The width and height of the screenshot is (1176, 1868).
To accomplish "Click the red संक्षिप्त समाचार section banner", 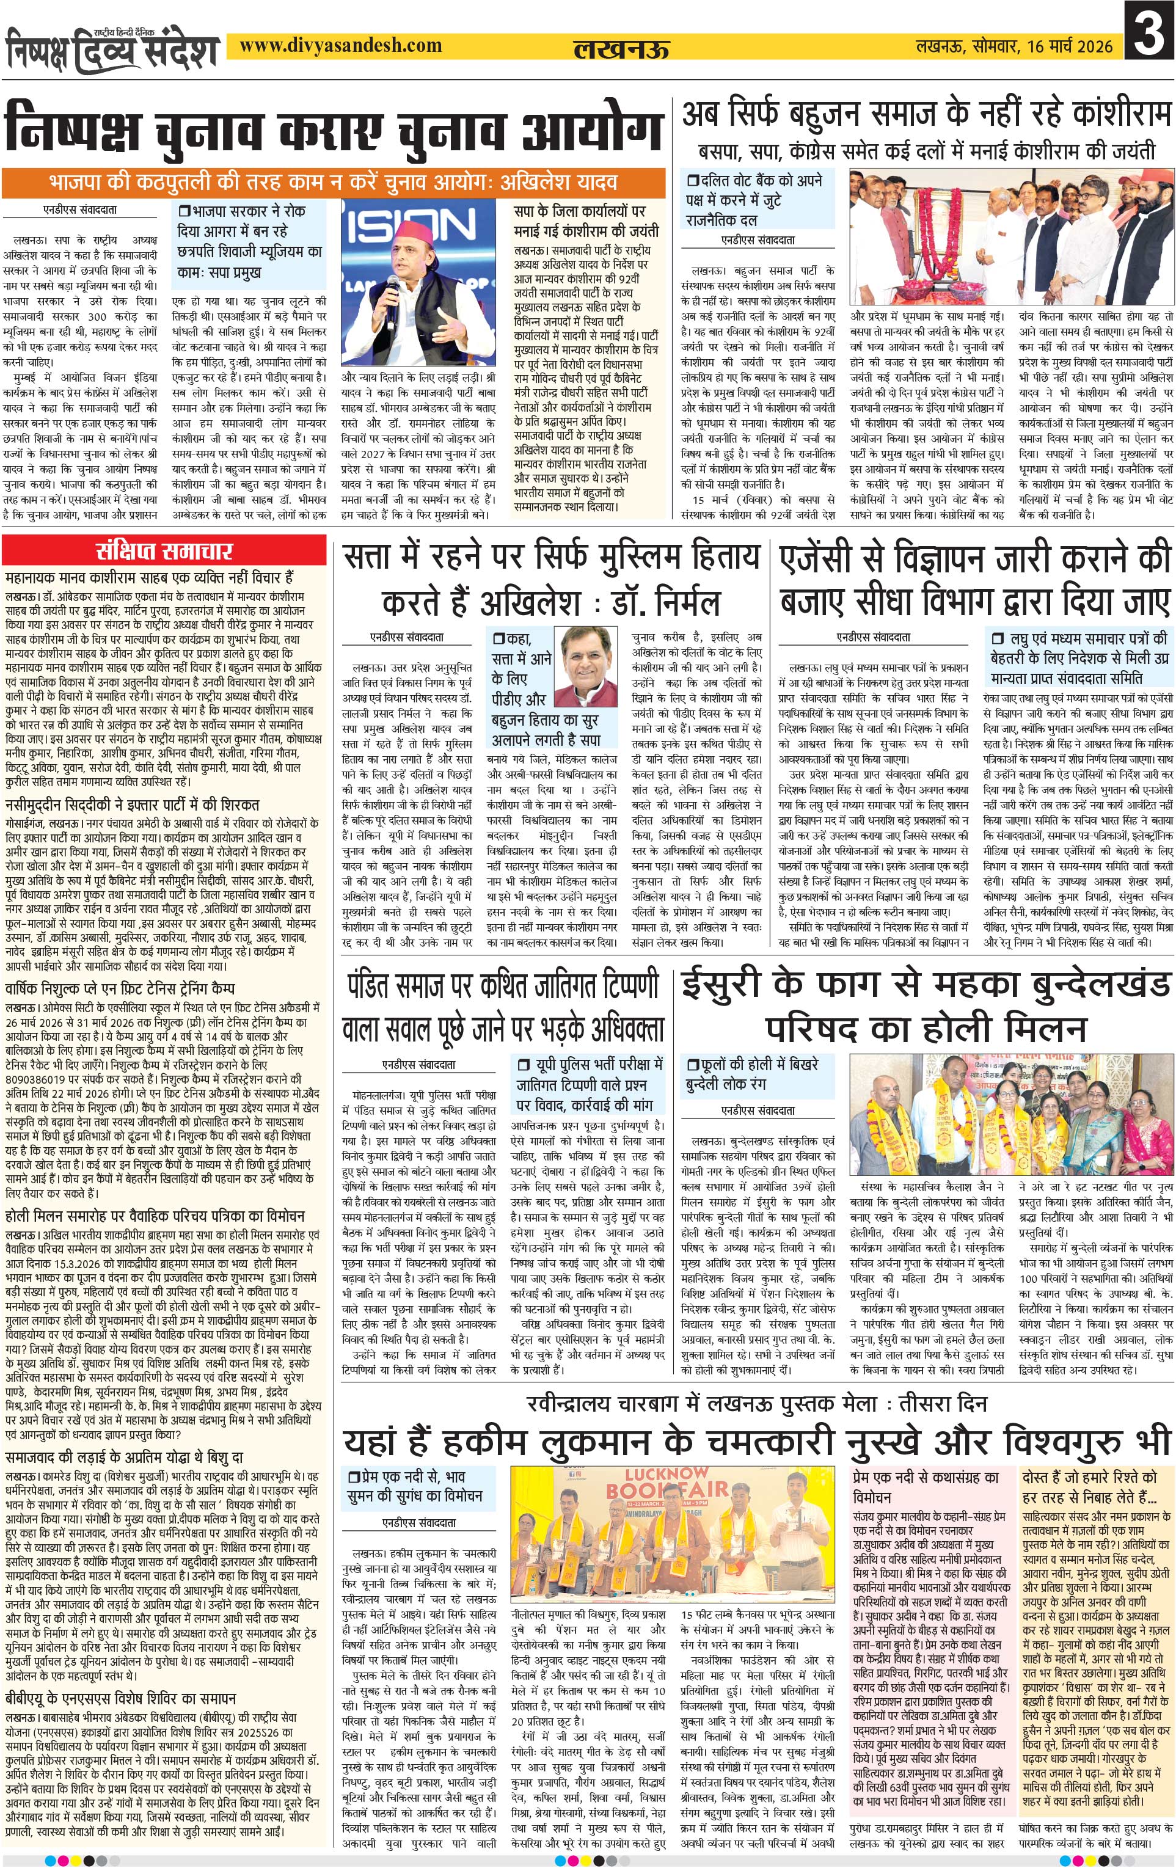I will [x=164, y=552].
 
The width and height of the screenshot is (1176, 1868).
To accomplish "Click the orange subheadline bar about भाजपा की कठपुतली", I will [x=334, y=183].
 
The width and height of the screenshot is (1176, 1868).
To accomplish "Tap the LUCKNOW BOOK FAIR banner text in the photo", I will [x=657, y=1483].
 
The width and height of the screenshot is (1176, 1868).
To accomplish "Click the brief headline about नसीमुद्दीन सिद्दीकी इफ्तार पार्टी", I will [x=133, y=804].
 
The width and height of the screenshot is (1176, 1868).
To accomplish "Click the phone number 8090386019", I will [x=37, y=1079].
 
